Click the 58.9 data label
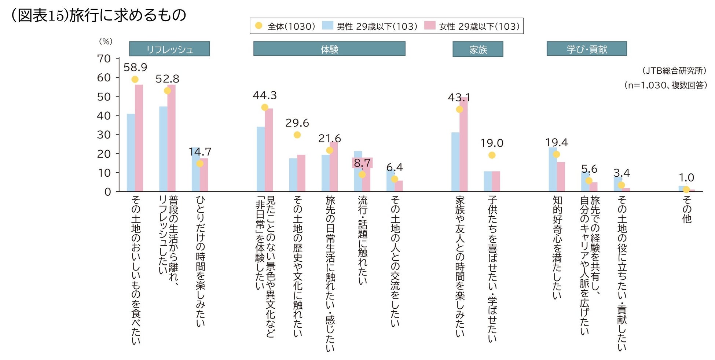pyautogui.click(x=135, y=67)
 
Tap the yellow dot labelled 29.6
pyautogui.click(x=297, y=135)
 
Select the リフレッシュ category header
pyautogui.click(x=169, y=49)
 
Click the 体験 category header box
pyautogui.click(x=329, y=49)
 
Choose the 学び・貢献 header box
pyautogui.click(x=587, y=49)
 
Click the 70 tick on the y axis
pyautogui.click(x=104, y=59)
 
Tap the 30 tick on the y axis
pyautogui.click(x=104, y=135)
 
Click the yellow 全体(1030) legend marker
pyautogui.click(x=259, y=26)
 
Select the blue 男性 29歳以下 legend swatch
pyautogui.click(x=327, y=26)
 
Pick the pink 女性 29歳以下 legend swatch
pyautogui.click(x=430, y=26)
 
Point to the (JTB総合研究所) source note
pyautogui.click(x=674, y=70)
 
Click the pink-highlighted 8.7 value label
pyautogui.click(x=362, y=163)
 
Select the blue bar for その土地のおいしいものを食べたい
pyautogui.click(x=131, y=153)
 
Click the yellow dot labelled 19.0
pyautogui.click(x=492, y=155)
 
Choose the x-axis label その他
pyautogui.click(x=686, y=210)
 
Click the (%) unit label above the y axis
pyautogui.click(x=106, y=41)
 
